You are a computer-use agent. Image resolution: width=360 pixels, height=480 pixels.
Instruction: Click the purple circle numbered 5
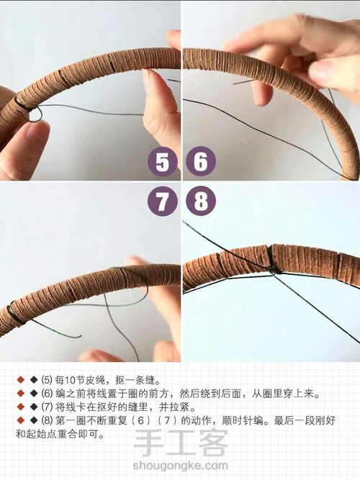point(162,163)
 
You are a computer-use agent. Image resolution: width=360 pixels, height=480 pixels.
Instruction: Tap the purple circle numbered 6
point(200,163)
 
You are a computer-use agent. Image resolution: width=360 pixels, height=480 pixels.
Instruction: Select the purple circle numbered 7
point(162,201)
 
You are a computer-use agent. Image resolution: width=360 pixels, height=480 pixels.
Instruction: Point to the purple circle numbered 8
point(200,201)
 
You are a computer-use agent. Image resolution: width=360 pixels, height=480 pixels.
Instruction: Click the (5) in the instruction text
point(47,379)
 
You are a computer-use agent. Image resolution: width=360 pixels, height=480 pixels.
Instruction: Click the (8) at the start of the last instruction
point(47,420)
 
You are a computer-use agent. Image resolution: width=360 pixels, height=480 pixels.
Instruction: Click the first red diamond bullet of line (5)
point(20,379)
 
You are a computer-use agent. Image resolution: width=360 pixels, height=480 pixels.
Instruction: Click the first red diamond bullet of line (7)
point(20,407)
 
